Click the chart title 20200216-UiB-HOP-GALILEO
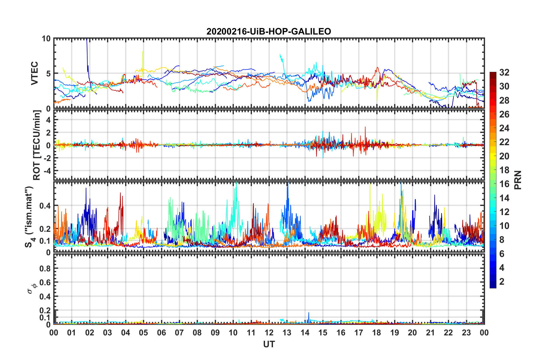point(268,31)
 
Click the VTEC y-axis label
point(35,73)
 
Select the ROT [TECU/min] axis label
point(37,145)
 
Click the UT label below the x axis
point(269,344)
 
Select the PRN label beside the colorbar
point(518,180)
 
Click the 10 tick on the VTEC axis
point(46,39)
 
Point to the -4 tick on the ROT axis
point(47,171)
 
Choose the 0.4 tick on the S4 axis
point(45,206)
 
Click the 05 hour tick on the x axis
point(143,333)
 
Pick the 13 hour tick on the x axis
point(287,333)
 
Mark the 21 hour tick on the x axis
point(430,333)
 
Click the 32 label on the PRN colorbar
point(504,72)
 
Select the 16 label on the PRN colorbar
point(504,184)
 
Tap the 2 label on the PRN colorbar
point(502,282)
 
